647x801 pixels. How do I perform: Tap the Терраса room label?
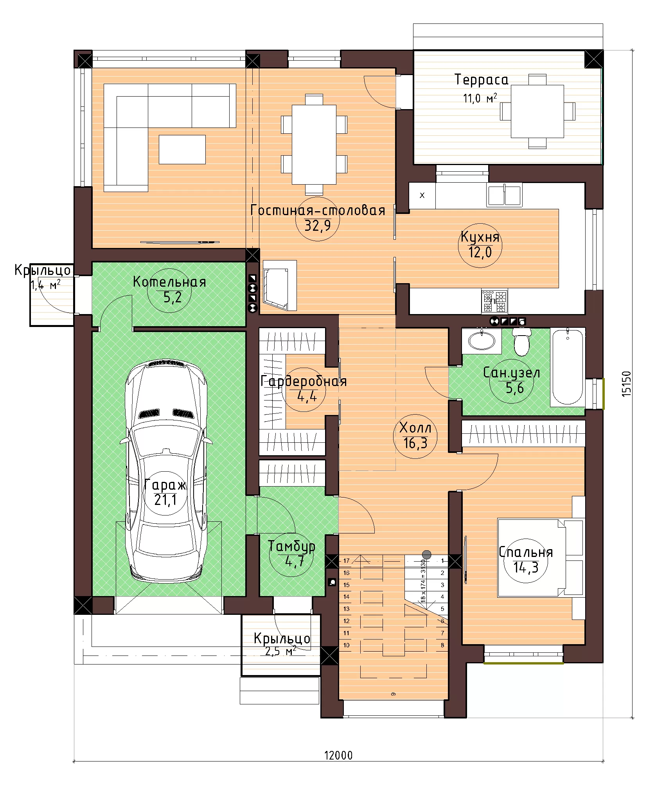(x=482, y=80)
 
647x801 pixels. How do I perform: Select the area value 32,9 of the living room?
(x=317, y=226)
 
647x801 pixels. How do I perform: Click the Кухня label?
(x=480, y=237)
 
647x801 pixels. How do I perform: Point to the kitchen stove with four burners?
(x=494, y=301)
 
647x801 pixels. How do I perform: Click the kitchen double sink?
(x=504, y=195)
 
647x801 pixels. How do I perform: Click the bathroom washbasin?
(x=482, y=341)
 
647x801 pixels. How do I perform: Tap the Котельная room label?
(x=169, y=282)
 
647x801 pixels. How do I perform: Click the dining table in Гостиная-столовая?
(x=314, y=145)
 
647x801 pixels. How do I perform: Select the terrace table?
(x=537, y=111)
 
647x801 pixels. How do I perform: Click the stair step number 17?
(x=346, y=561)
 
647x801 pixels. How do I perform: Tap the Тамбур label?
(x=292, y=546)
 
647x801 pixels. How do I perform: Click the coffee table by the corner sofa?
(x=182, y=149)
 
